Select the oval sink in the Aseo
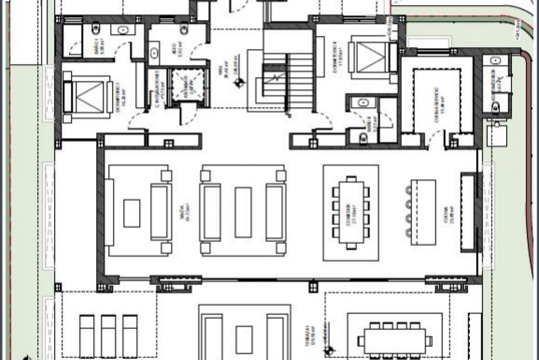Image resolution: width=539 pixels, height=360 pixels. [154, 52]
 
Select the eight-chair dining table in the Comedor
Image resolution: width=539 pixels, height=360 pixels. [351, 213]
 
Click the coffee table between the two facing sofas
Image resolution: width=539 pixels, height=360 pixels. [243, 213]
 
